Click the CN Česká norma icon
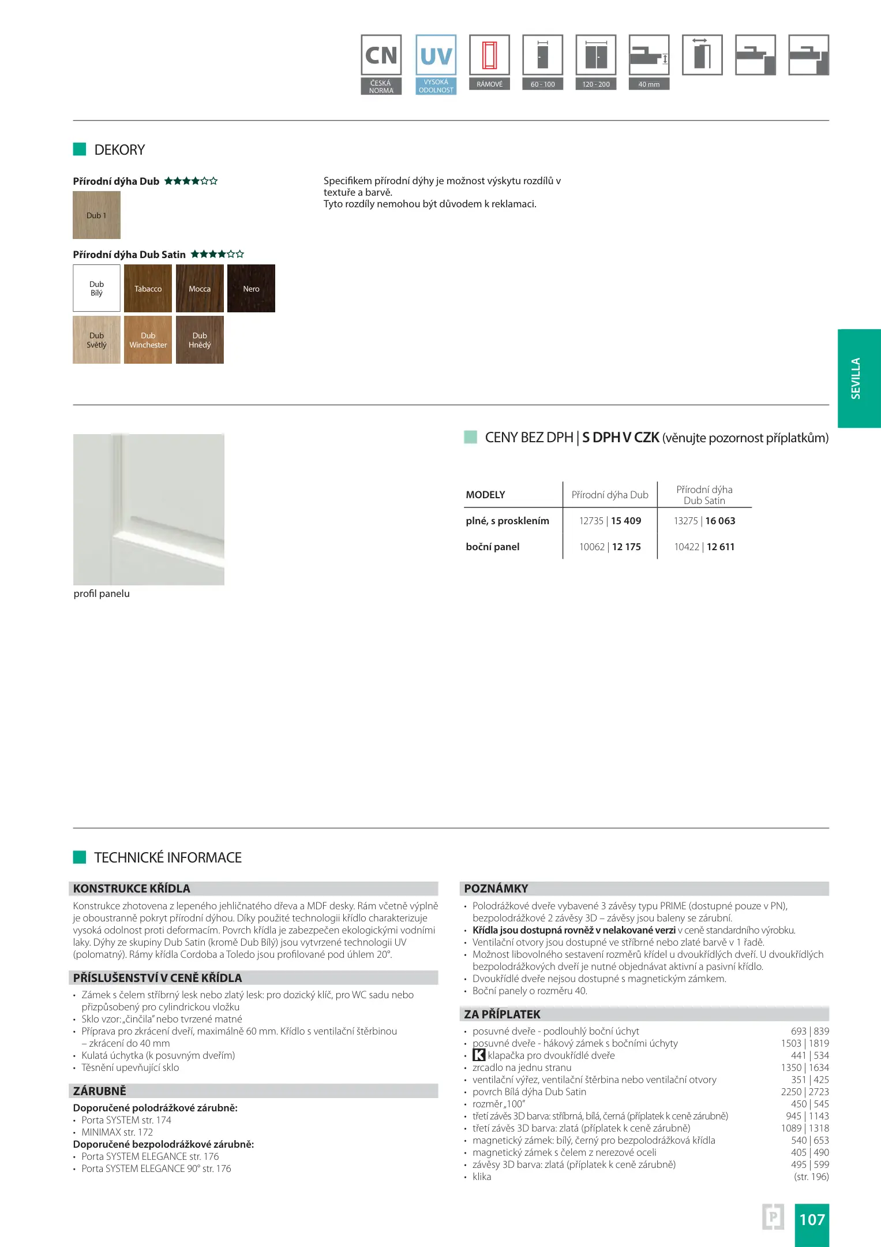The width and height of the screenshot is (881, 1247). (381, 64)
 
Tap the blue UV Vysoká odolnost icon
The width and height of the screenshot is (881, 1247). (436, 64)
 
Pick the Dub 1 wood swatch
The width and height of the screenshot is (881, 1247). (96, 215)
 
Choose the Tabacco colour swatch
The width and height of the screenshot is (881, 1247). (148, 289)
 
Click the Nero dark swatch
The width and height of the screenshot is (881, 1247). (251, 289)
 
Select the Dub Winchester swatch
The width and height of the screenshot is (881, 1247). (148, 340)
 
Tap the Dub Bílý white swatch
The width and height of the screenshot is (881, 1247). (96, 289)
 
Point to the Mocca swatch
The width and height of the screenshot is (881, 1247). (200, 289)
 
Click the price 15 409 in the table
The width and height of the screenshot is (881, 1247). (626, 521)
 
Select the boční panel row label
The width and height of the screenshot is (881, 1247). (492, 547)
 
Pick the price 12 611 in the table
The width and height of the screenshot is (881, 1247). (721, 547)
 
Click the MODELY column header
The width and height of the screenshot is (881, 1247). (485, 495)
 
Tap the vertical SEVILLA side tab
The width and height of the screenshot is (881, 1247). (858, 378)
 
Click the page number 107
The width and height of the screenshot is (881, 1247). (812, 1219)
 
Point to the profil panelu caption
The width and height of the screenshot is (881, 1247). (102, 593)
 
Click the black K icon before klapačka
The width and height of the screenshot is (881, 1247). (479, 1055)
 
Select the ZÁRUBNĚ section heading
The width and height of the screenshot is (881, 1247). (99, 1091)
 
